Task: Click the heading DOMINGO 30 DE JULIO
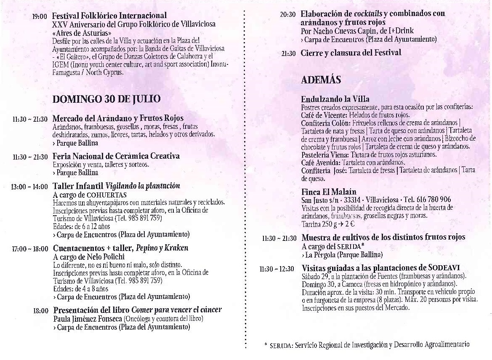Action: tap(106, 99)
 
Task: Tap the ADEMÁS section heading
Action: tap(321, 80)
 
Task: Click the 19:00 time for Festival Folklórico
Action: tap(40, 17)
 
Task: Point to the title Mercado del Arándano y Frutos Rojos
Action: tap(118, 118)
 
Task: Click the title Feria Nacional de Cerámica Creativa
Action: tap(116, 156)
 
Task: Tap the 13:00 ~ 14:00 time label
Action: tap(29, 187)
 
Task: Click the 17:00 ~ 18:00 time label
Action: tap(29, 248)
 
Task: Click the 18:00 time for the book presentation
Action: tap(40, 311)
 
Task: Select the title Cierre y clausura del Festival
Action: tap(351, 53)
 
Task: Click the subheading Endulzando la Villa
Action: tap(335, 99)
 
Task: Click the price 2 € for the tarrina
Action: tap(351, 224)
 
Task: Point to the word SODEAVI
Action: tap(444, 268)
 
